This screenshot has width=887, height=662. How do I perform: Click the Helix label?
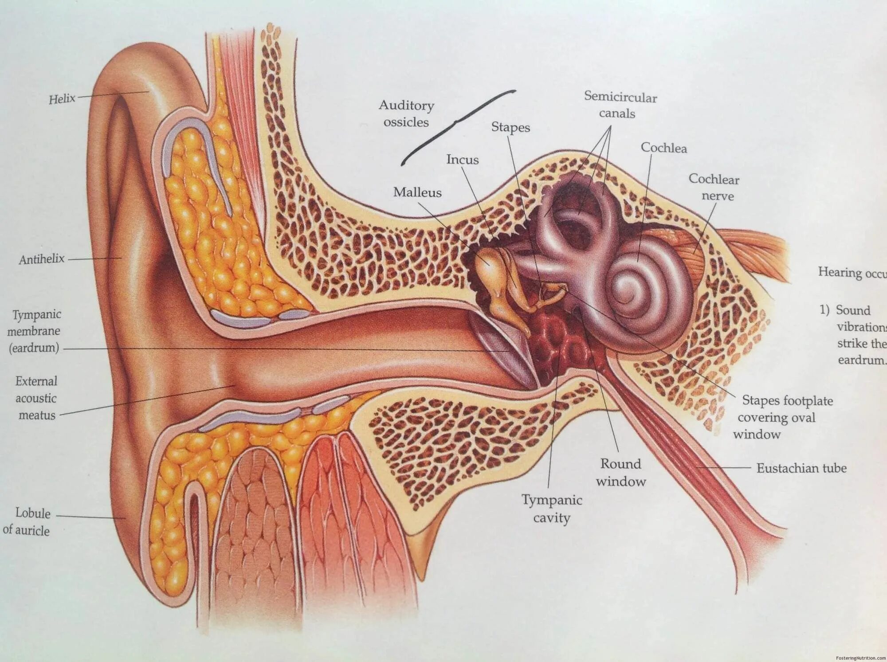click(62, 98)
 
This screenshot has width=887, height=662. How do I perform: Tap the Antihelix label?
click(42, 259)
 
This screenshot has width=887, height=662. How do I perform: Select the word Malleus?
click(417, 192)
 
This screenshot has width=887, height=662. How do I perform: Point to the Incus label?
click(462, 159)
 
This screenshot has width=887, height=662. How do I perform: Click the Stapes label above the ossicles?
click(510, 127)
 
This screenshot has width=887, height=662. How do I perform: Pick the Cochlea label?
click(663, 148)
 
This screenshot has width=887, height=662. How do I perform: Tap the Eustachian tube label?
click(801, 468)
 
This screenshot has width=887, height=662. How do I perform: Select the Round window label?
click(620, 472)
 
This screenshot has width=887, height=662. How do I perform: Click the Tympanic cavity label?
click(552, 509)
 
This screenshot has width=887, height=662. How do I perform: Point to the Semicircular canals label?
click(620, 105)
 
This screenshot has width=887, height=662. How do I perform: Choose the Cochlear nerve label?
click(714, 187)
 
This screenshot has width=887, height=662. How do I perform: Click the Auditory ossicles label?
click(406, 114)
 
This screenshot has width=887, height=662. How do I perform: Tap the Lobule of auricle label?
click(27, 521)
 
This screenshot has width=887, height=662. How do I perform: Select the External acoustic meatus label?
click(36, 398)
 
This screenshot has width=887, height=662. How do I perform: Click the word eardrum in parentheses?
click(34, 347)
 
